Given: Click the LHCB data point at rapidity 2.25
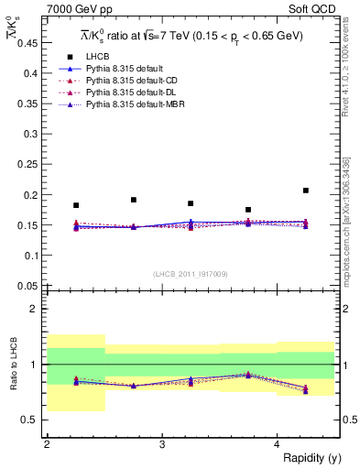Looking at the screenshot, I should point(76,205).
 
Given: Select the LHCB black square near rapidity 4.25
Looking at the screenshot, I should point(306,191).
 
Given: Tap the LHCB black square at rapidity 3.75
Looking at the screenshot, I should point(248,210).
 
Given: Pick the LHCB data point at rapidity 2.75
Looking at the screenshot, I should point(134,200).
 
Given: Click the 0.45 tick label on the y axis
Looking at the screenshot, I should point(27,43).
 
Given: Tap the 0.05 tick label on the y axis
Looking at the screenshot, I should point(27,286).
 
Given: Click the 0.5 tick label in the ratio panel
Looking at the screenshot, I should point(30,420).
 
